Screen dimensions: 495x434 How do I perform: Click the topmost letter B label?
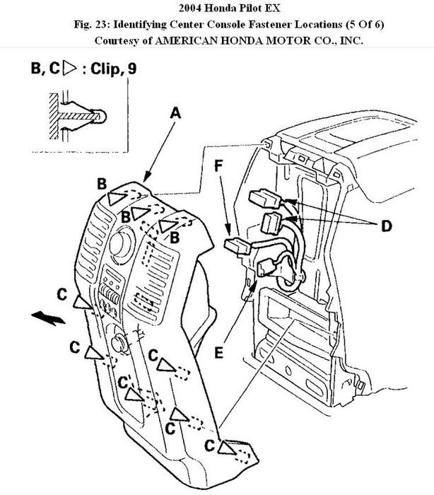click(102, 183)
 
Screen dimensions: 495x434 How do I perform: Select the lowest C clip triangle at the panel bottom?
click(228, 447)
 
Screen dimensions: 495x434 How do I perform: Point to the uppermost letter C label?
click(62, 292)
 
